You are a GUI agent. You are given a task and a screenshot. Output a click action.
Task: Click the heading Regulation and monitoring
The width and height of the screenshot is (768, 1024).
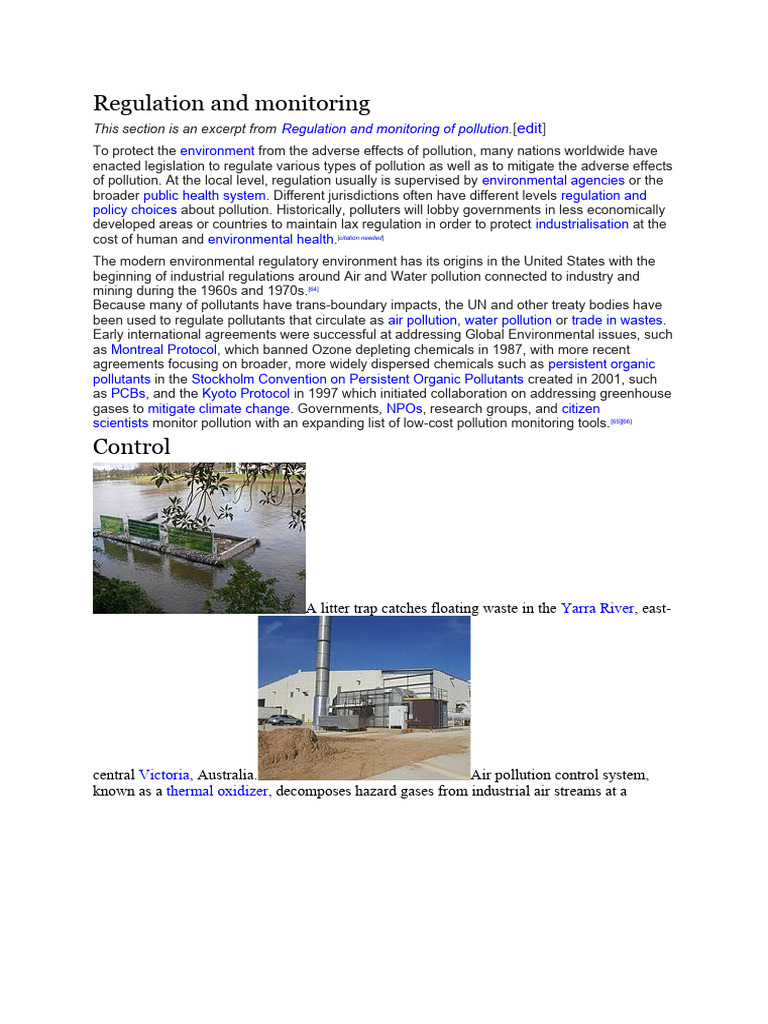coord(231,103)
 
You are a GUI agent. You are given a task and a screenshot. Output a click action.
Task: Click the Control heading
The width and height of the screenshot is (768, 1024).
coord(131,446)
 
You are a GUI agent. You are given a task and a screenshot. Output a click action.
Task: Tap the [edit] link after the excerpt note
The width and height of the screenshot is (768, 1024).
coord(529,128)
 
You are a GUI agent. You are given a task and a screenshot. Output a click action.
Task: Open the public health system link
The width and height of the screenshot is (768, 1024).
coord(204,195)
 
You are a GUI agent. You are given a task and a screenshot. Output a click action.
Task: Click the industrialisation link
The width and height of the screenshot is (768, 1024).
coord(582,224)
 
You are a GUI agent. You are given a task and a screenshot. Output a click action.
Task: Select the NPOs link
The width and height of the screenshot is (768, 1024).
coord(404,409)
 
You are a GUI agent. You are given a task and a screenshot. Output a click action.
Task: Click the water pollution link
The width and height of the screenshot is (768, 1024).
coord(508,320)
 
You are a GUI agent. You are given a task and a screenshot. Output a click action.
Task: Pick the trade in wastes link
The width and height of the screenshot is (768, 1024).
coord(617,320)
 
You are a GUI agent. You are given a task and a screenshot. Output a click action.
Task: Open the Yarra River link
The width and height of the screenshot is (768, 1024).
coord(597,607)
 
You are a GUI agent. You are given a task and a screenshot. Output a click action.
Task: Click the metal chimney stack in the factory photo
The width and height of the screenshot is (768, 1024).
coord(323,660)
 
